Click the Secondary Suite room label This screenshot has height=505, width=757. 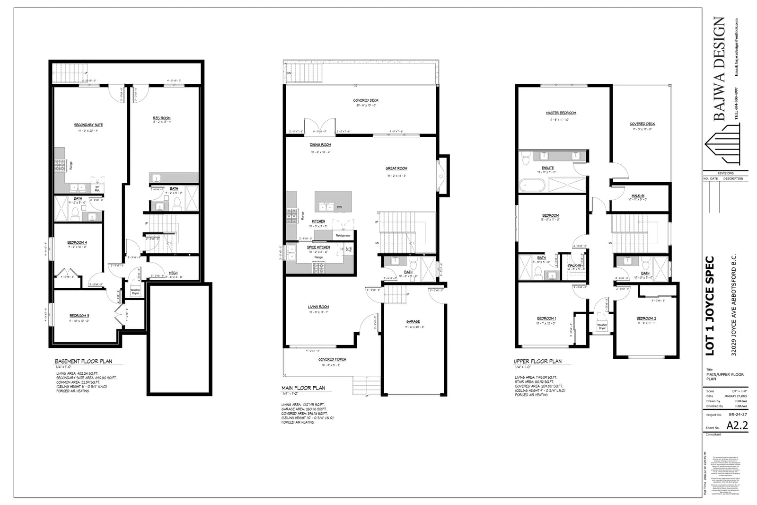pyautogui.click(x=88, y=125)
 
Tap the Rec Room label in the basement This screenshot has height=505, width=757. pyautogui.click(x=162, y=118)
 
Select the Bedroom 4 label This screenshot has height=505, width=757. pyautogui.click(x=78, y=242)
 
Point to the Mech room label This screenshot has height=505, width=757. pyautogui.click(x=173, y=273)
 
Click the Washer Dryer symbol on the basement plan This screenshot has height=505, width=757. pyautogui.click(x=135, y=292)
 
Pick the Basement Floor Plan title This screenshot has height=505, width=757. pyautogui.click(x=83, y=361)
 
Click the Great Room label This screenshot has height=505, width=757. pyautogui.click(x=396, y=168)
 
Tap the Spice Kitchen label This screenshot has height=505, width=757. pyautogui.click(x=318, y=247)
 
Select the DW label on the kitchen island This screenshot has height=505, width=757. pyautogui.click(x=339, y=207)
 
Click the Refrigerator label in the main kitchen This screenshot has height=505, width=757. pyautogui.click(x=343, y=235)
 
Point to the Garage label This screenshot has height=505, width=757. pyautogui.click(x=413, y=321)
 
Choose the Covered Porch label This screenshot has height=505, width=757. pyautogui.click(x=332, y=359)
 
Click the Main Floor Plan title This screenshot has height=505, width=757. pyautogui.click(x=303, y=388)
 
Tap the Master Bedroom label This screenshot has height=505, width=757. pyautogui.click(x=561, y=113)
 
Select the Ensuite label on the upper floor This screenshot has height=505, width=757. pyautogui.click(x=547, y=168)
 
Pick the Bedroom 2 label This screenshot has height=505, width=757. pyautogui.click(x=646, y=318)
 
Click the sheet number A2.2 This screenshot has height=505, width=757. pyautogui.click(x=737, y=425)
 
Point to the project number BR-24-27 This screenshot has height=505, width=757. pyautogui.click(x=738, y=414)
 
